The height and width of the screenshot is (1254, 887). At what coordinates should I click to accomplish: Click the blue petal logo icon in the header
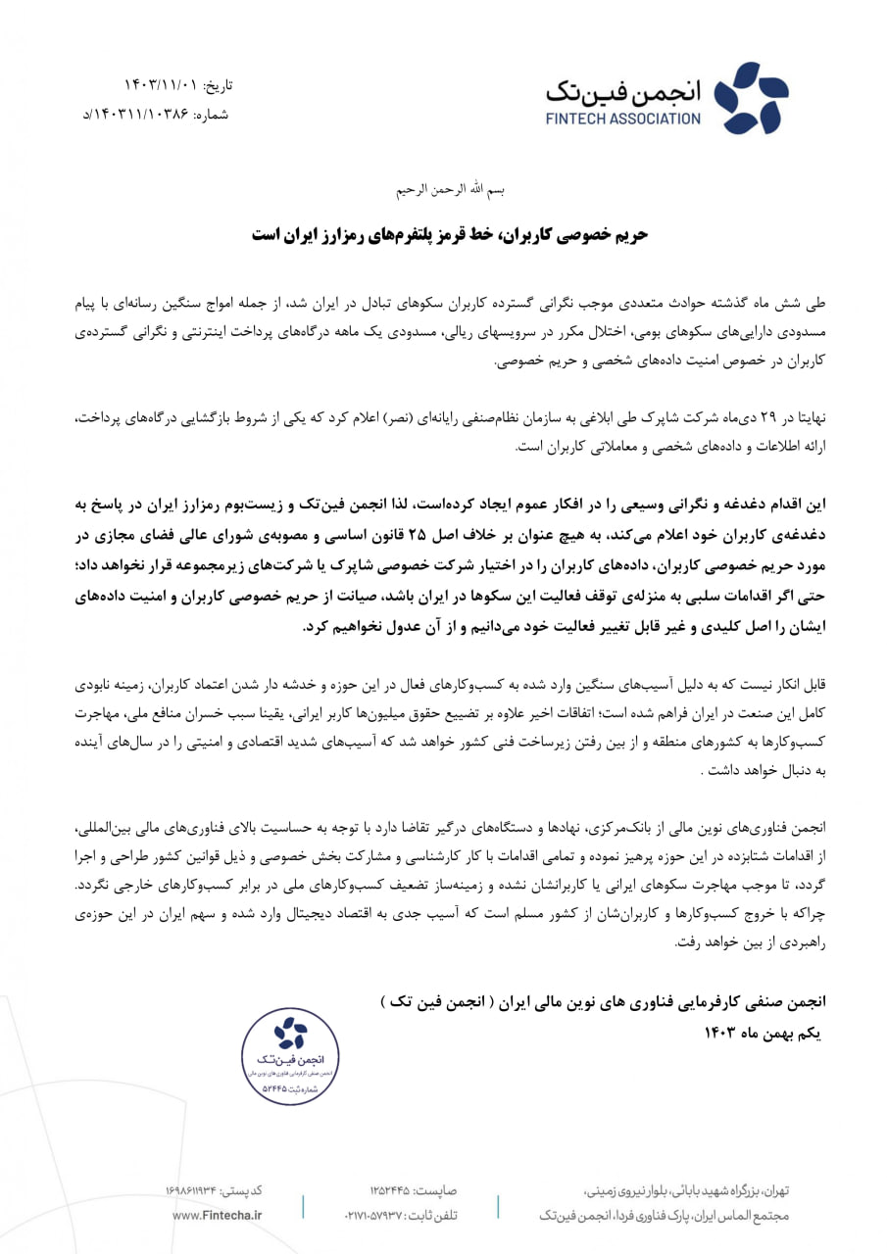(x=751, y=98)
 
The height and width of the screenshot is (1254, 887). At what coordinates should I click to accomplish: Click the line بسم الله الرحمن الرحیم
(x=446, y=187)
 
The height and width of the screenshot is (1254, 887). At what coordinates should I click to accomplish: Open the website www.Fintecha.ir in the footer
(x=217, y=1215)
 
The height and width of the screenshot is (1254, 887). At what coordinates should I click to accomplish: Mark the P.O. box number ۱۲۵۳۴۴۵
(x=392, y=1190)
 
